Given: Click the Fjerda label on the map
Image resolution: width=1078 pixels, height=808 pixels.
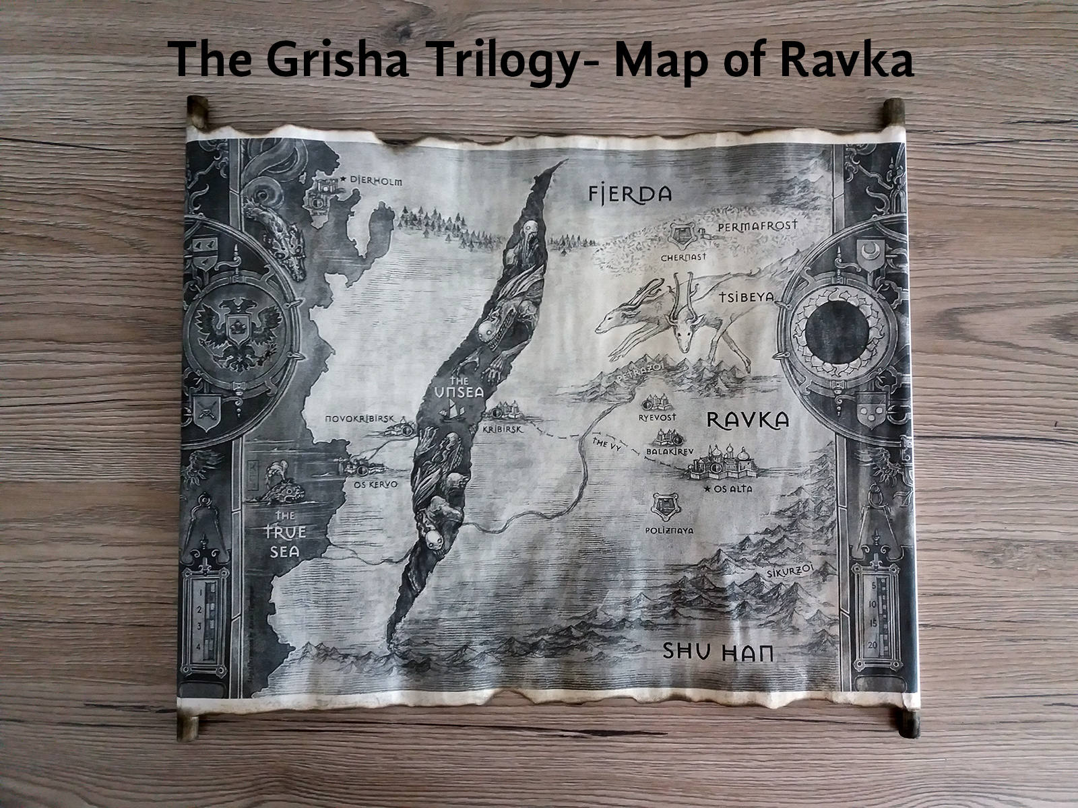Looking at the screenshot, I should (x=630, y=195).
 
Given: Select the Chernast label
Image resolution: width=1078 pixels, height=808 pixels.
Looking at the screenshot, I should (x=683, y=257).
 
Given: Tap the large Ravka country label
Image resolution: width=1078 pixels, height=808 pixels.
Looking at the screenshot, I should (x=747, y=420).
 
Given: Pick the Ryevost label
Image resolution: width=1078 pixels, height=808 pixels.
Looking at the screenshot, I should (x=657, y=417).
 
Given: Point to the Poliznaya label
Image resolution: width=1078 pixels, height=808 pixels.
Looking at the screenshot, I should (x=669, y=530).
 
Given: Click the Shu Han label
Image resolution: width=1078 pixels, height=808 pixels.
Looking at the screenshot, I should (x=716, y=652).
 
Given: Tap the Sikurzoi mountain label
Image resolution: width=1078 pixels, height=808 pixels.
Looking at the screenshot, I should (x=790, y=572).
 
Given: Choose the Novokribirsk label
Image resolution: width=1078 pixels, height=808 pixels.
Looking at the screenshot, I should (x=360, y=419).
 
